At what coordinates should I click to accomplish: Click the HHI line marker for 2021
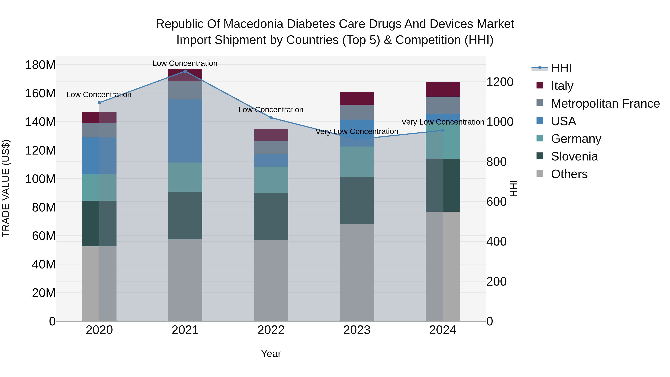pyautogui.click(x=185, y=71)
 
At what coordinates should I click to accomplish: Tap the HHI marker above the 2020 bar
pyautogui.click(x=99, y=103)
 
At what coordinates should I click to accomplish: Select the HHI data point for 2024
pyautogui.click(x=443, y=130)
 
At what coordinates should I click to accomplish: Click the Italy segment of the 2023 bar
pyautogui.click(x=357, y=99)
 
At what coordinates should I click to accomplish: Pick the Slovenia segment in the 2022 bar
pyautogui.click(x=271, y=217)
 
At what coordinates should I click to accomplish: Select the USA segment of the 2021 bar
pyautogui.click(x=185, y=131)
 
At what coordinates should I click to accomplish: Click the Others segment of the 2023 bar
pyautogui.click(x=357, y=272)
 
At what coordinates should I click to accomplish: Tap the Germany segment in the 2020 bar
pyautogui.click(x=99, y=187)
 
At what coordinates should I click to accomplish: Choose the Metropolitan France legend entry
pyautogui.click(x=605, y=104)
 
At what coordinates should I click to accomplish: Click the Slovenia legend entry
pyautogui.click(x=574, y=156)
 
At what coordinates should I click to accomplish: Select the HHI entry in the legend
pyautogui.click(x=561, y=68)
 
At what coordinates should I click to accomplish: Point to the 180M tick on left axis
pyautogui.click(x=40, y=65)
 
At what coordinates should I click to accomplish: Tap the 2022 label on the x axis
pyautogui.click(x=271, y=330)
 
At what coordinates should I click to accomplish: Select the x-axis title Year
pyautogui.click(x=271, y=354)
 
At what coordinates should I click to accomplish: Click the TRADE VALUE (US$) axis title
pyautogui.click(x=6, y=188)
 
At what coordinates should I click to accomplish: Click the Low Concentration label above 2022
pyautogui.click(x=271, y=110)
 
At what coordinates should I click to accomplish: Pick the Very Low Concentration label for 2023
pyautogui.click(x=357, y=132)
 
